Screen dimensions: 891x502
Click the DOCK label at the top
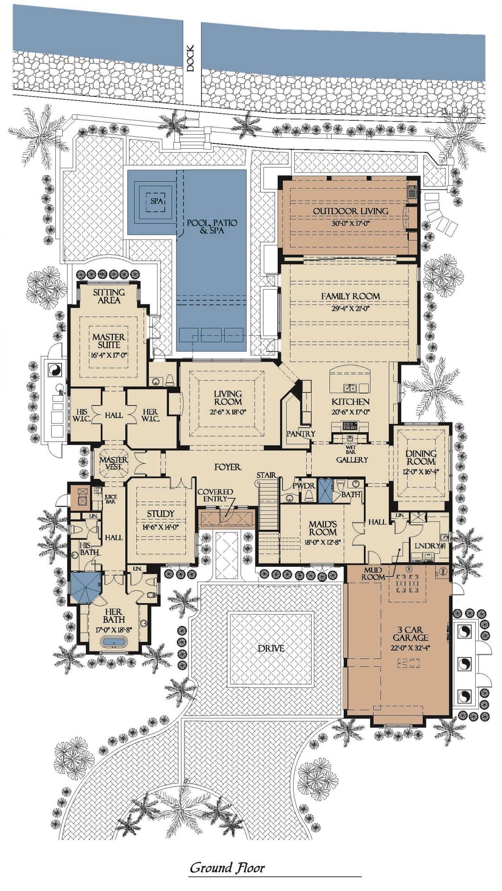click(x=191, y=58)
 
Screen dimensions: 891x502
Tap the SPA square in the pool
click(x=156, y=201)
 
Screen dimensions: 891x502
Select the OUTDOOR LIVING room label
click(x=350, y=211)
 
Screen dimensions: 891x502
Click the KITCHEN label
click(x=350, y=402)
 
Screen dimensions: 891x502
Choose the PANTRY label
click(x=300, y=433)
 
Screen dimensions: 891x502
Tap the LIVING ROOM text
click(x=228, y=397)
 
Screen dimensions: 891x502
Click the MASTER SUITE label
click(x=109, y=341)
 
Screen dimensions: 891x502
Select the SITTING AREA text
click(x=109, y=296)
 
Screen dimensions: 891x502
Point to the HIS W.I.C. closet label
click(x=82, y=415)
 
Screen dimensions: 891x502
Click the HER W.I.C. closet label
click(x=149, y=415)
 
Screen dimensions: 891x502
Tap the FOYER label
click(x=227, y=467)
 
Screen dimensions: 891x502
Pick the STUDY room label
click(x=160, y=514)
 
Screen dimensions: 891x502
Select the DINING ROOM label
click(x=420, y=458)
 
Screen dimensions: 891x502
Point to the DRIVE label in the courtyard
click(x=271, y=648)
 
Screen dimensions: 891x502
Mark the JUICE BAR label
click(x=110, y=499)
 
